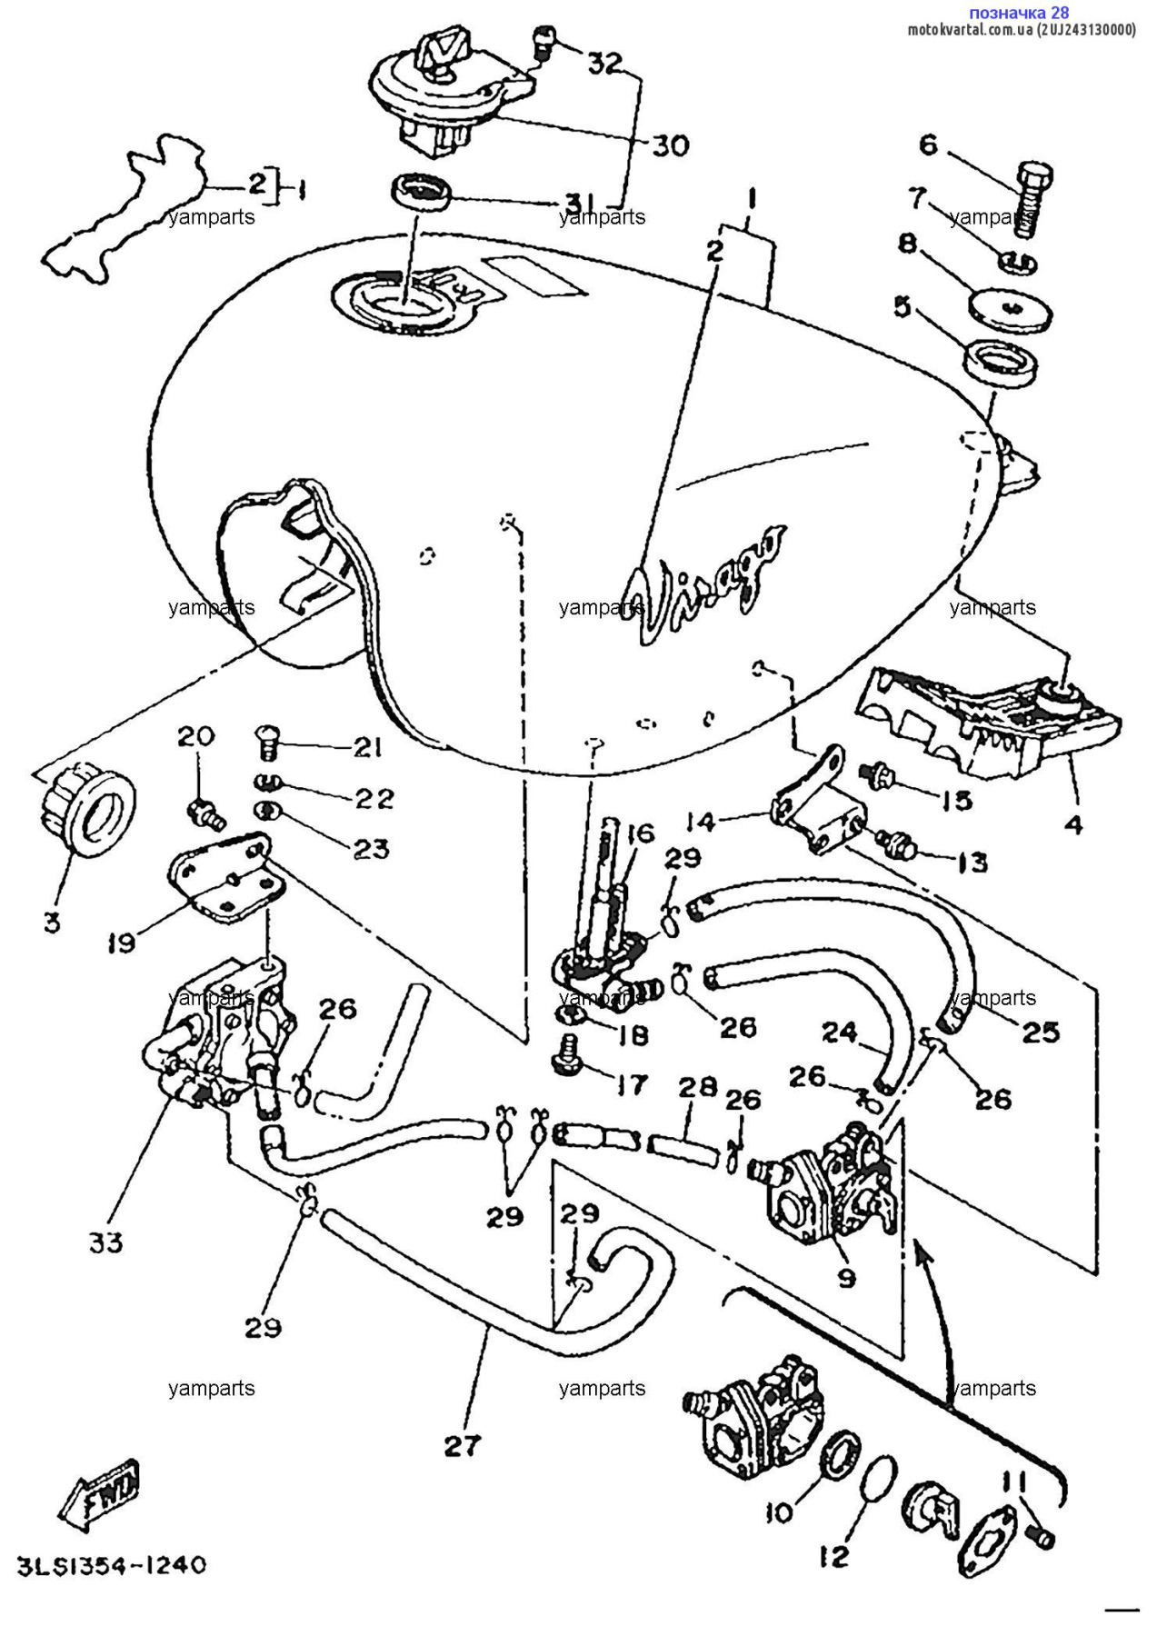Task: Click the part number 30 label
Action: point(671,145)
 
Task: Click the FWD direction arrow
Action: point(100,1494)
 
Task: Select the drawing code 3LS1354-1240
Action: point(112,1566)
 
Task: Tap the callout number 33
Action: point(105,1242)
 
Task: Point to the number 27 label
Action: point(462,1445)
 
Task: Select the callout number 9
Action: point(846,1279)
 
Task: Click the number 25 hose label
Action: point(1041,1032)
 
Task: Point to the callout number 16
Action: point(641,833)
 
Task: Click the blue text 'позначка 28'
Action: point(1018,13)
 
